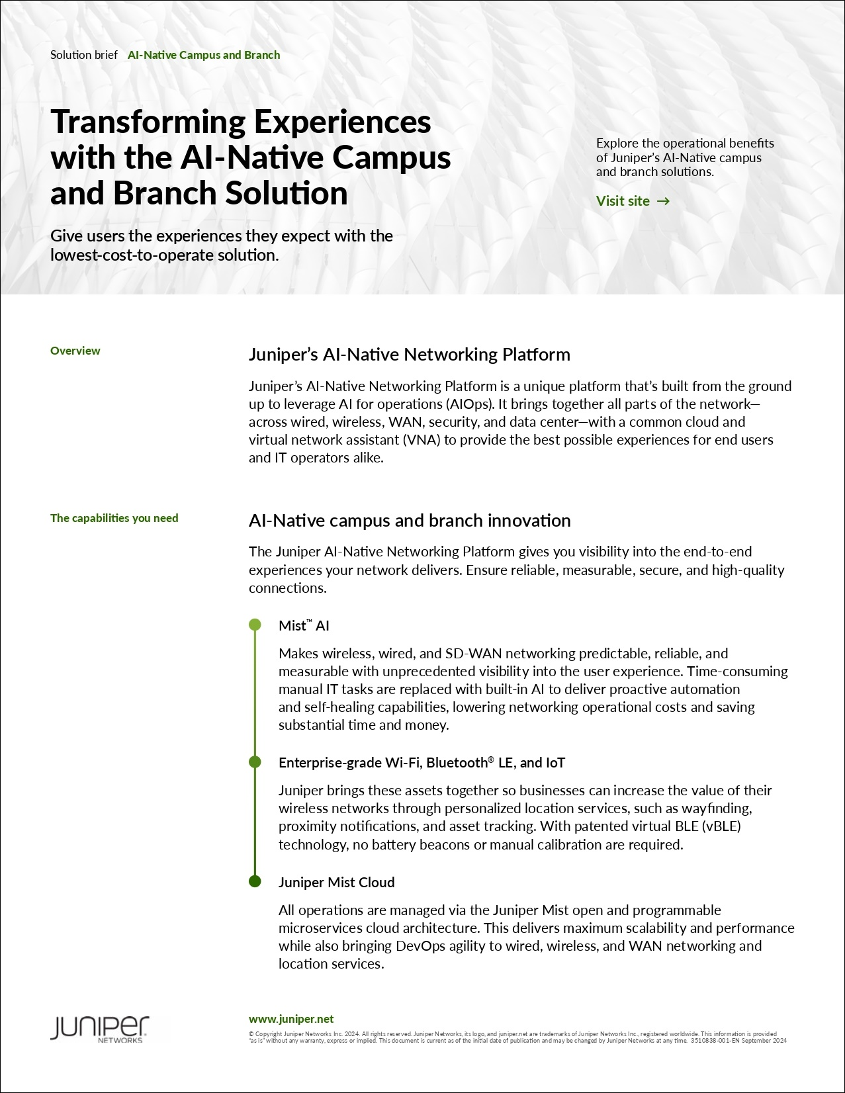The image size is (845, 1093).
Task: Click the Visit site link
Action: pos(623,201)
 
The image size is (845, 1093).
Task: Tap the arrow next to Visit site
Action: pos(663,201)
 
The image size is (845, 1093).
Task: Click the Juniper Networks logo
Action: pos(100,1029)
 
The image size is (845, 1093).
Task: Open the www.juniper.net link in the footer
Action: pos(291,1019)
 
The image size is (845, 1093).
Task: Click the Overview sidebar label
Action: pos(75,351)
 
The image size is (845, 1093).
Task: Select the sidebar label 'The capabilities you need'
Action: pos(114,518)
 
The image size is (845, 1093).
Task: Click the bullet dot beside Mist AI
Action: pos(255,625)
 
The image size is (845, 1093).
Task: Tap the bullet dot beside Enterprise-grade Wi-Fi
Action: pos(255,762)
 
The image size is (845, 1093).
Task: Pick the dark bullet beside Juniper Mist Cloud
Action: pos(255,881)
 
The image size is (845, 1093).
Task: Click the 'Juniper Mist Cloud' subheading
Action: pos(336,882)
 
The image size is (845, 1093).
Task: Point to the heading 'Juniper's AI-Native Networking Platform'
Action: pos(409,355)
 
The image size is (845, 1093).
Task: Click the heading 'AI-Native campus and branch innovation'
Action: pos(410,521)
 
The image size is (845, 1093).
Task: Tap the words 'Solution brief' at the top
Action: pos(84,55)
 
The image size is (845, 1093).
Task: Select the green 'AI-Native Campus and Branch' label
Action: pos(204,55)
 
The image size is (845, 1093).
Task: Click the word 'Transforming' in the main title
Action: pos(148,122)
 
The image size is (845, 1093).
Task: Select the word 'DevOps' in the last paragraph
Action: pos(420,946)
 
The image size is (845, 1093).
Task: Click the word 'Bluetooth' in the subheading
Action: pos(457,763)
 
